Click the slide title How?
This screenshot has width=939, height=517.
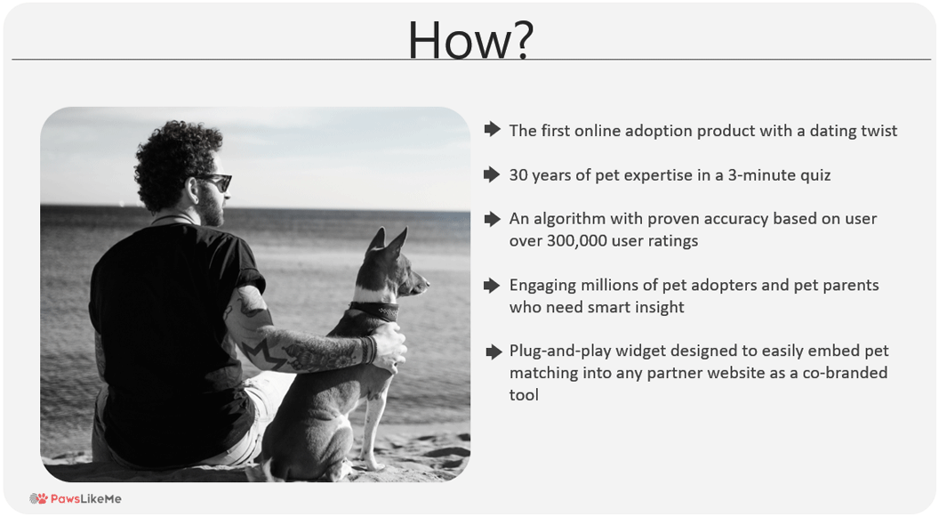470,39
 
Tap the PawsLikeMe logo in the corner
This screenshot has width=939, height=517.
76,498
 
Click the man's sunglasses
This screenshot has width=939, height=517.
214,181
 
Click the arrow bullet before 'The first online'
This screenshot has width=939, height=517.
493,129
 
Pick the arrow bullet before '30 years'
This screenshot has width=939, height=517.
493,174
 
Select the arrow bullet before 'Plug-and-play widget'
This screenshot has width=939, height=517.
494,351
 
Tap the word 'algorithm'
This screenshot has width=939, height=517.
569,219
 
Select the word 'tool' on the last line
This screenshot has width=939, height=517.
524,395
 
